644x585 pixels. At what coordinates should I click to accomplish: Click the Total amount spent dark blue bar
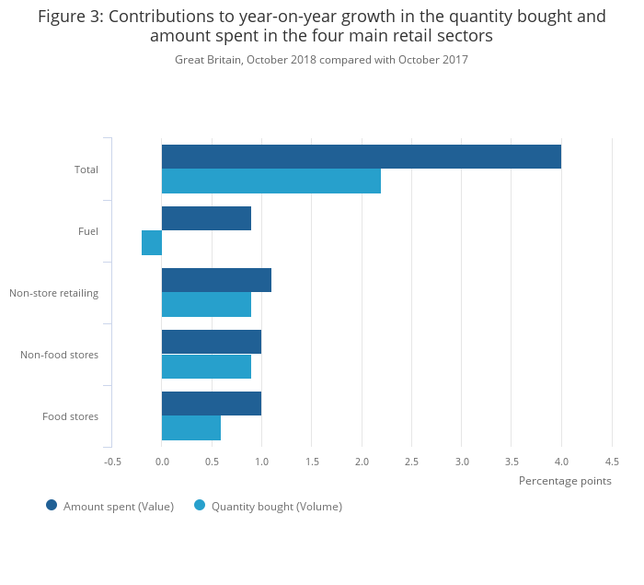click(361, 157)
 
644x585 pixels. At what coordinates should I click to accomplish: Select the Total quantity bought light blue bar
click(270, 181)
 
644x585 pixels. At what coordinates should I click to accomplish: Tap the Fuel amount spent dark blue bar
click(206, 218)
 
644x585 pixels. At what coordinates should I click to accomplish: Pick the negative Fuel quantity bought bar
click(152, 242)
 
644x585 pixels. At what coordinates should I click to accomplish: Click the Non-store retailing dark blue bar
click(216, 280)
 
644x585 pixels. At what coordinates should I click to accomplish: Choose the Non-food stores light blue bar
click(206, 367)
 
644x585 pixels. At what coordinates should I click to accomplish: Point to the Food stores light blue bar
click(191, 428)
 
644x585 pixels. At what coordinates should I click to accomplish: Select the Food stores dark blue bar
click(211, 404)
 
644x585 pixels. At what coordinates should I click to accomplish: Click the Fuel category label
click(88, 231)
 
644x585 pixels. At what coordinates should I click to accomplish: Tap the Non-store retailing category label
click(54, 293)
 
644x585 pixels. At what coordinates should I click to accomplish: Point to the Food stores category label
click(71, 416)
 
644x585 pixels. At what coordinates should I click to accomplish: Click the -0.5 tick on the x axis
click(112, 462)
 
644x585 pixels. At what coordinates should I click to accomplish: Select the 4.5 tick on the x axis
click(612, 462)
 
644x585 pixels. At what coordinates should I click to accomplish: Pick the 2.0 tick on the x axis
click(362, 462)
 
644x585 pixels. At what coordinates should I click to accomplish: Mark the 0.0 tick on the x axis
click(162, 462)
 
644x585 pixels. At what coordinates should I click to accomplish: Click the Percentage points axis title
click(565, 481)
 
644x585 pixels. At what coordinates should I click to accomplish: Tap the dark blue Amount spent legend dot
click(52, 505)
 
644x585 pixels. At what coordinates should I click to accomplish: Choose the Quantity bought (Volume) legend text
click(276, 506)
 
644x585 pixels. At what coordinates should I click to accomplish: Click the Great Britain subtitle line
click(321, 60)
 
